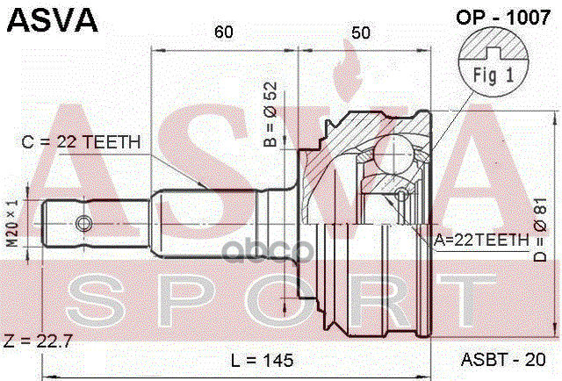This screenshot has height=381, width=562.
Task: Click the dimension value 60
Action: click(x=224, y=33)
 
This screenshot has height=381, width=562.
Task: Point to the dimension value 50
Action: click(x=359, y=33)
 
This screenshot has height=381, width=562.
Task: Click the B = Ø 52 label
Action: click(x=272, y=114)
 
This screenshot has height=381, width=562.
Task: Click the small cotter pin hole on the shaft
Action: click(x=83, y=222)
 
